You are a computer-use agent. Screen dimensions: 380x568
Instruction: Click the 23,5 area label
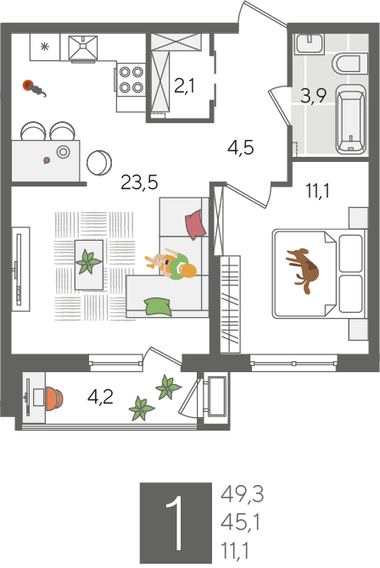pos(139,182)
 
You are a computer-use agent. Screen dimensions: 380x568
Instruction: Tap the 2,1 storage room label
pos(184,86)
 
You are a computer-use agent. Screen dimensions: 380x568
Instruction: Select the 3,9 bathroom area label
pos(314,96)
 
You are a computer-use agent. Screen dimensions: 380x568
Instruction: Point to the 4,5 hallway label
pos(240,148)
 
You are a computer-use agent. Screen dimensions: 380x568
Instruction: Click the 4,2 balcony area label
pos(100,397)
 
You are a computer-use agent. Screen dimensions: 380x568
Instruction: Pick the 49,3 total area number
pos(242,493)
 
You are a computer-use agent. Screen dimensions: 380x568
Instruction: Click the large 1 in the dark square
pos(176,523)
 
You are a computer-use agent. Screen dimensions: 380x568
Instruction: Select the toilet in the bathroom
pos(349,64)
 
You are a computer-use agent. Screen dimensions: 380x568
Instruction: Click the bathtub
pos(351,120)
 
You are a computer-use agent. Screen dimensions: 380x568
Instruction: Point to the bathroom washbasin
pos(310,44)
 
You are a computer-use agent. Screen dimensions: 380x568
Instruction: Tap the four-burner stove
pos(131,80)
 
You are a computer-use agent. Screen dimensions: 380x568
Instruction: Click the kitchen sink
pos(83,47)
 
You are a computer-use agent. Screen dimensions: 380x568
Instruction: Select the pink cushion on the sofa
pos(196,225)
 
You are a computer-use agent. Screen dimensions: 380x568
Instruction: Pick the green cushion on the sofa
pos(158,306)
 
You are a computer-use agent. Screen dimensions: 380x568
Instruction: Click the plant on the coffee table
pos(88,262)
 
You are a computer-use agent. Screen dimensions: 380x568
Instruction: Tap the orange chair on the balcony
pos(54,398)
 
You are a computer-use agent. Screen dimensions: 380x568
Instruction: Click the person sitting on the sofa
pos(171,265)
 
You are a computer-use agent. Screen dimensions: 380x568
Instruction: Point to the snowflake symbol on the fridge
pos(44,47)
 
